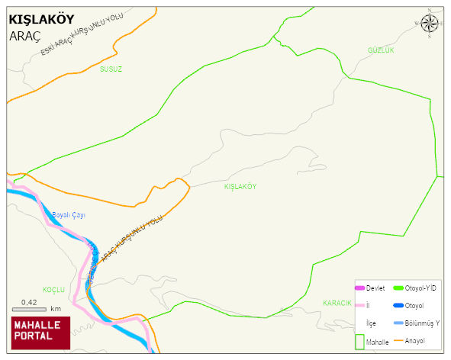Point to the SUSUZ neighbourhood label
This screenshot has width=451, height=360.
tap(111, 69)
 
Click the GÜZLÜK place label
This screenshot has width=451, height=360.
tap(380, 50)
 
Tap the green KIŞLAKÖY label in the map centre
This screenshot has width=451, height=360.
tap(240, 187)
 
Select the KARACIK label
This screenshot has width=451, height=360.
tap(337, 303)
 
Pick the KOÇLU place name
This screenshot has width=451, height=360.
tap(53, 290)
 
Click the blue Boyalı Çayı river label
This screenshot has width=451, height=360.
tap(69, 216)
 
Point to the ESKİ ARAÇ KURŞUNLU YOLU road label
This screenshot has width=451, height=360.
tap(82, 35)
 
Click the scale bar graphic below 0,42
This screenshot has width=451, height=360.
tap(29, 310)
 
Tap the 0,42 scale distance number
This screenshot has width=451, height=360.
tap(29, 302)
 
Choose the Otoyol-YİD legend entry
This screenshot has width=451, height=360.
tap(420, 288)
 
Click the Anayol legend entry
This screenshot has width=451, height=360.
tap(414, 340)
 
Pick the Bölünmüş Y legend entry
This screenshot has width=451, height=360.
tap(421, 323)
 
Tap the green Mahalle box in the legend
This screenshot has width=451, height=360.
tap(359, 342)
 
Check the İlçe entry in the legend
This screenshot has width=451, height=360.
tap(371, 323)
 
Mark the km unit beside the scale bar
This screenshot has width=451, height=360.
tap(56, 310)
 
